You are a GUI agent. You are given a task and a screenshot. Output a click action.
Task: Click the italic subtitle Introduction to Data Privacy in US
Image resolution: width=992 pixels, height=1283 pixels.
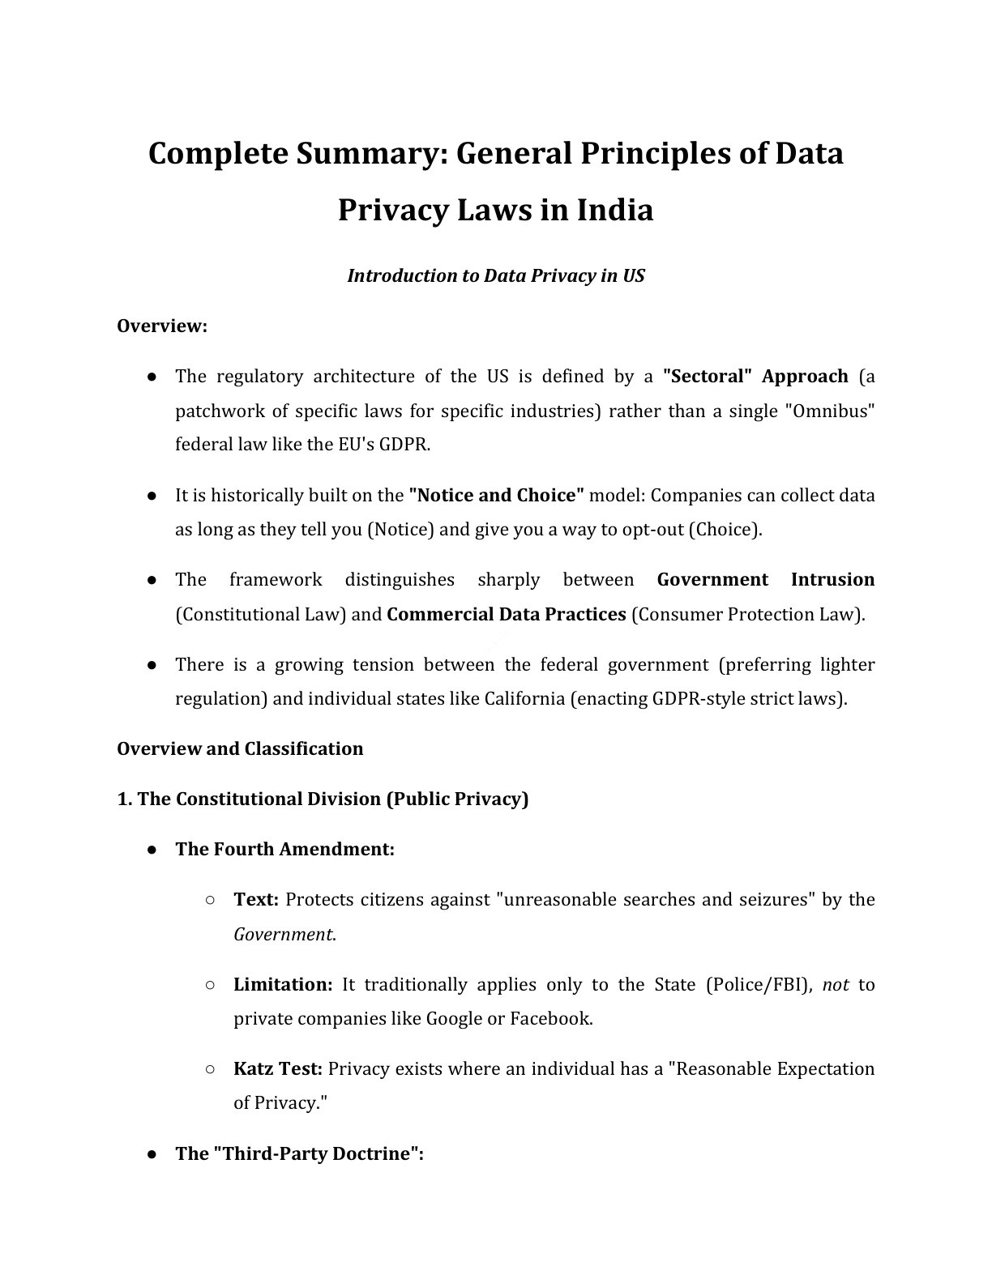coord(495,276)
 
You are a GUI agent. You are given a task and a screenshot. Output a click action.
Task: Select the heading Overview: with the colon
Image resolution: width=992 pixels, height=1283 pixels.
coord(162,326)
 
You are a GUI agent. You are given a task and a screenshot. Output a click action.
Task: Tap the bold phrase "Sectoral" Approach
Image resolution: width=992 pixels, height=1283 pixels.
coord(755,377)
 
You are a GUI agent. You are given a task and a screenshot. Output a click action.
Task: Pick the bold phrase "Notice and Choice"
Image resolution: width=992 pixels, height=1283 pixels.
coord(496,495)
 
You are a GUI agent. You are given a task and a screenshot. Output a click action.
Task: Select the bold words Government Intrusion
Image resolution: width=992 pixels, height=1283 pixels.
coord(765,580)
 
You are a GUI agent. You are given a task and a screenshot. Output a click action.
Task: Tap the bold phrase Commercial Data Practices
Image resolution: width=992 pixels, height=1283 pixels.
coord(506,615)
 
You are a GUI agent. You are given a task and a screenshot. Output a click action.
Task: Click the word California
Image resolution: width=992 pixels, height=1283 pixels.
coord(524,699)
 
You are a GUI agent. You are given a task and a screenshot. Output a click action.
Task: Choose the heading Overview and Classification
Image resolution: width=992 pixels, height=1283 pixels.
coord(240,748)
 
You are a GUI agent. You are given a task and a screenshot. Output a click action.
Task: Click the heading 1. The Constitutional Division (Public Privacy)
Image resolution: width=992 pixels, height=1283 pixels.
coord(323,799)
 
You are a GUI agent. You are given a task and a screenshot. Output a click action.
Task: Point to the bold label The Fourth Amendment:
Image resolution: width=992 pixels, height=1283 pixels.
coord(284,850)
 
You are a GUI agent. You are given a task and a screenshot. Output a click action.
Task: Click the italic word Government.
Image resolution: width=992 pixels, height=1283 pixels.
coord(283,935)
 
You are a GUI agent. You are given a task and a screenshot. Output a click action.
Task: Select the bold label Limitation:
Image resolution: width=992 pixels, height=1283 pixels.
coord(283,985)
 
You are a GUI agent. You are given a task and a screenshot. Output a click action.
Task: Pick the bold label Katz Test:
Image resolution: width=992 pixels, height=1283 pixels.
coord(278,1069)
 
